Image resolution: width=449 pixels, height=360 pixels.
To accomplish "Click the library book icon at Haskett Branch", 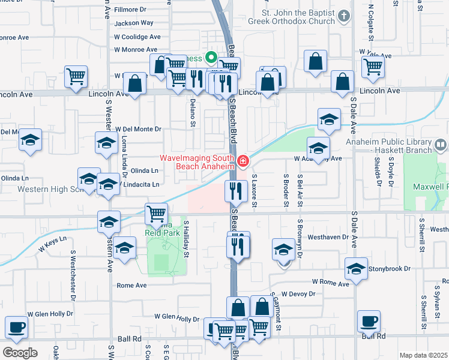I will (441, 145).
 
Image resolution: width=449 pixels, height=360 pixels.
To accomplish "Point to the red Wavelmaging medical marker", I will (243, 160).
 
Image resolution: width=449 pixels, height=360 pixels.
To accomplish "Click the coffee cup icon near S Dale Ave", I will (368, 320).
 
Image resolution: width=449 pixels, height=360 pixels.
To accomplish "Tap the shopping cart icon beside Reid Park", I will (156, 212).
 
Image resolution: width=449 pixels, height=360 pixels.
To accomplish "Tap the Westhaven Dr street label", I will (328, 237).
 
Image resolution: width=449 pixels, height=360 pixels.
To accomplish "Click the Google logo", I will (20, 353).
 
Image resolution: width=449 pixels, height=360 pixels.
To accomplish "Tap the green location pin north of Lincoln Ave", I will (211, 58).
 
